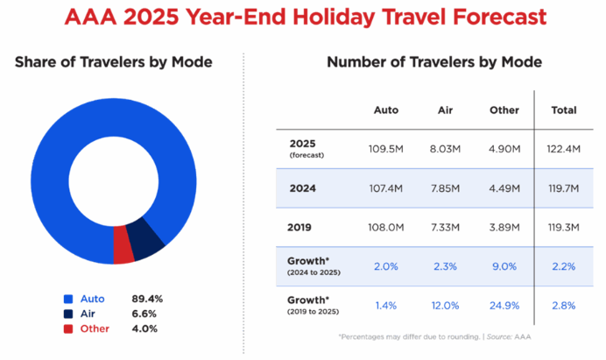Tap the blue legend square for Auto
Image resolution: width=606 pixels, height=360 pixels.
[x=67, y=299]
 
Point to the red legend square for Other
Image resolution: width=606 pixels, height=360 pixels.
[x=67, y=328]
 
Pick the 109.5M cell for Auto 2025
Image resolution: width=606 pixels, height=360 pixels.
[x=386, y=148]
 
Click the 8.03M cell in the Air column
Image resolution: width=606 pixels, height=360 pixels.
[x=444, y=148]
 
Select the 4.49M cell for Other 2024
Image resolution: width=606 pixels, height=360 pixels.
[x=504, y=187]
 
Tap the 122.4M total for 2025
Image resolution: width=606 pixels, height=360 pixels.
[x=565, y=148]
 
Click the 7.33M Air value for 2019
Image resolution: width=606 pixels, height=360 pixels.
[x=444, y=227]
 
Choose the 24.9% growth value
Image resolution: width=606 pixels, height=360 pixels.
[x=504, y=306]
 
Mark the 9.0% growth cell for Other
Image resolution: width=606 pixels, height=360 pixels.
[x=504, y=266]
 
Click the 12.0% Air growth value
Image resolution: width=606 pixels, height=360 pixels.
[x=444, y=306]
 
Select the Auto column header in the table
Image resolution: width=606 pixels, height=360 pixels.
[x=386, y=110]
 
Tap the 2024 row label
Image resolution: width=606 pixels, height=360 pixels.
[x=301, y=187]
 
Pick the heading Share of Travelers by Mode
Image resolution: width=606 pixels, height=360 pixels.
[x=114, y=62]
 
